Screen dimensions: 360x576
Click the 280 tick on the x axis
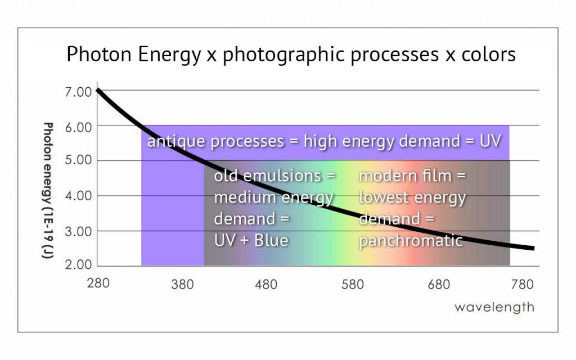[x=98, y=282]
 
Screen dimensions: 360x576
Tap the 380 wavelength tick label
[x=182, y=285]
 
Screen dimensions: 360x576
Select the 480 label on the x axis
[x=266, y=285]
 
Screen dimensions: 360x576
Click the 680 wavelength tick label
[x=439, y=285]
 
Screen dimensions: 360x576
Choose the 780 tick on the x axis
[x=522, y=285]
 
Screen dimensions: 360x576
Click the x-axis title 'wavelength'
[x=494, y=308]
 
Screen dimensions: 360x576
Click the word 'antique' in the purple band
[x=176, y=141]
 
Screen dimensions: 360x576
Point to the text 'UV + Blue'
[x=251, y=240]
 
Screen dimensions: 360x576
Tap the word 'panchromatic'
[x=411, y=241]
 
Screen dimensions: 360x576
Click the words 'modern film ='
[x=413, y=176]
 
